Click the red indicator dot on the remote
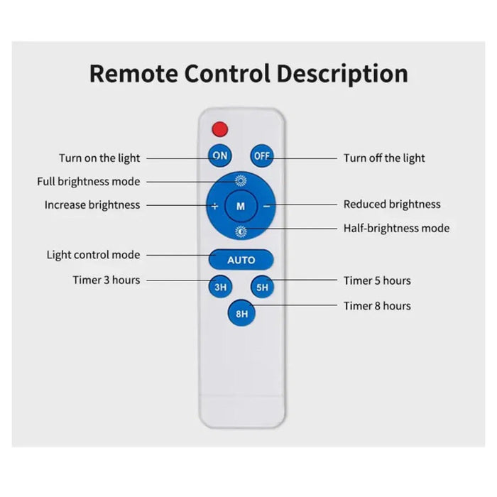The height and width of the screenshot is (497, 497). click(x=220, y=129)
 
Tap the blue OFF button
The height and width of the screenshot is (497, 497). click(x=262, y=156)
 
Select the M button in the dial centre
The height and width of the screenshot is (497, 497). click(x=241, y=206)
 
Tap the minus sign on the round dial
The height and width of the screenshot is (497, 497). click(x=266, y=206)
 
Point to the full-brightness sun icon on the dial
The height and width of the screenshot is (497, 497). click(x=241, y=181)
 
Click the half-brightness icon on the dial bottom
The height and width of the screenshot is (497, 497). click(x=241, y=231)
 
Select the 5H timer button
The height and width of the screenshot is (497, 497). click(x=262, y=286)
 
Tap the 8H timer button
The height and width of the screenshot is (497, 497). click(x=241, y=313)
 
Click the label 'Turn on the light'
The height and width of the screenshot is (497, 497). click(x=99, y=158)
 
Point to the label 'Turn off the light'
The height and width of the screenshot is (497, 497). click(x=384, y=158)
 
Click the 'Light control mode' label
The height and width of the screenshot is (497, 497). click(x=93, y=254)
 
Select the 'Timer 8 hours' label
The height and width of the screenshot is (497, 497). click(x=377, y=306)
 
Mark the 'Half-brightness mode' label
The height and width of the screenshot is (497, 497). click(x=396, y=228)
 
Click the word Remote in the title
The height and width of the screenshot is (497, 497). click(x=133, y=73)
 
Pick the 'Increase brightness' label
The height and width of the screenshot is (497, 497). click(x=92, y=204)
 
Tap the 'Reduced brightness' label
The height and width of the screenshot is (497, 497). click(x=392, y=204)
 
